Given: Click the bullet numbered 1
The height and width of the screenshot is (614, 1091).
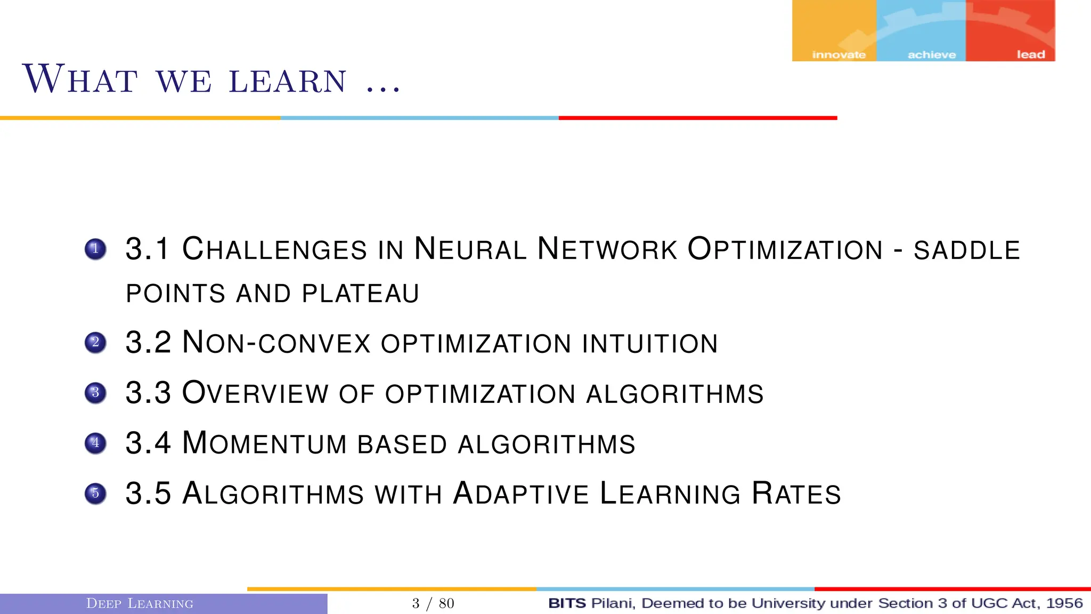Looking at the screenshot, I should coord(95,249).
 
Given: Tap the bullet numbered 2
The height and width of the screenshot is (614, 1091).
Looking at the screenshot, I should coord(95,343).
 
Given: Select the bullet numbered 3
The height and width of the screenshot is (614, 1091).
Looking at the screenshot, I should coord(95,393).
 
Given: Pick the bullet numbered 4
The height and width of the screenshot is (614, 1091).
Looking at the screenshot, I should coord(95,443).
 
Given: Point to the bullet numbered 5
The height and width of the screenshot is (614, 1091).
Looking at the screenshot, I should coord(95,494).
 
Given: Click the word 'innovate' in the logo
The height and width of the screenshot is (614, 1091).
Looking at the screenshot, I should coord(838,55).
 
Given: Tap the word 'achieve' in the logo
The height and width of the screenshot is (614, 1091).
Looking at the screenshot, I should coord(932,55).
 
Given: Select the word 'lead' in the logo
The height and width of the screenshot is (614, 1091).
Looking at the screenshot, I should coord(1031,55).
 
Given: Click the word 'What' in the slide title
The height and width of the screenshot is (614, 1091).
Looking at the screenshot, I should coord(80,80).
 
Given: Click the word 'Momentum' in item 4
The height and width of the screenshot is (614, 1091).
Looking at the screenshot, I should coord(265,443).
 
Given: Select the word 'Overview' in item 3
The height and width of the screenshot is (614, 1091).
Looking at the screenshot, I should coord(255,393).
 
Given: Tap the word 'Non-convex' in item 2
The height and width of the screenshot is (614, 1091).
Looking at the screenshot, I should coord(276,343).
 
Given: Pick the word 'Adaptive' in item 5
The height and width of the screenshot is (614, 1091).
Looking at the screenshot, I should coord(521,494).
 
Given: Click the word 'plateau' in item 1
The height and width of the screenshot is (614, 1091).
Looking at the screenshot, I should coord(361,294).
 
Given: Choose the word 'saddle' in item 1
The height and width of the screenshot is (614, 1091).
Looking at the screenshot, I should coord(967,251).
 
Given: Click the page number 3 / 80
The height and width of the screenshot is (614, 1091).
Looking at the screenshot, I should coord(433,603).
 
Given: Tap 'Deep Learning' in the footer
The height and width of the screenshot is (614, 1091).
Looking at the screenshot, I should coord(140,603).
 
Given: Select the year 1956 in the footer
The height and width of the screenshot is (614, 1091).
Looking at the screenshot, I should coord(1064,603).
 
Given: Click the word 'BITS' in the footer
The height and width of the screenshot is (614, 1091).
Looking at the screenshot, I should coord(567,603).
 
